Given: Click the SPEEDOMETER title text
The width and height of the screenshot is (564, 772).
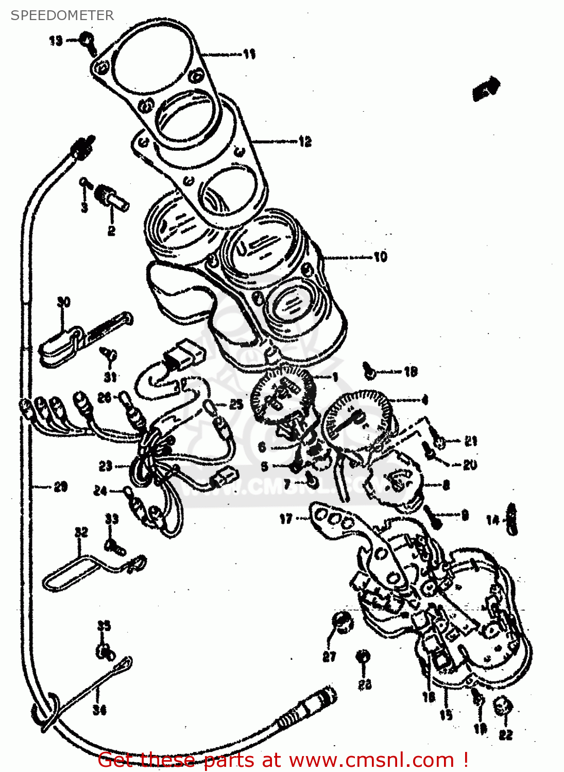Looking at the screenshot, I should [62, 15].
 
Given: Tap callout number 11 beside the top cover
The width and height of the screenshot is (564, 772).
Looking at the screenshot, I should [249, 54].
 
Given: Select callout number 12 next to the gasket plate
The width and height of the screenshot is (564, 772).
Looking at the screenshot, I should [305, 142].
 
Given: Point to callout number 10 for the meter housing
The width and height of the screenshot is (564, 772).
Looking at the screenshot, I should [380, 256].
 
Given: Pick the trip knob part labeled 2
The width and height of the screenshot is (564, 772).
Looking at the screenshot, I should [112, 198].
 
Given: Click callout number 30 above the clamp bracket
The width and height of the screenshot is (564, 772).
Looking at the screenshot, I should [63, 302].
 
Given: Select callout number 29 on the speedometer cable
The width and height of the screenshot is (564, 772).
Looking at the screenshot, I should [60, 486].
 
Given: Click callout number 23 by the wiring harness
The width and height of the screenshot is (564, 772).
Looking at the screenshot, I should [105, 466].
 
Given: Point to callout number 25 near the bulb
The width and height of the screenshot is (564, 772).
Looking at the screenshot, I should [236, 404].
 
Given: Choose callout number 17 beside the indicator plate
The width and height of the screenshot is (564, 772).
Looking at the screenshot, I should [286, 519].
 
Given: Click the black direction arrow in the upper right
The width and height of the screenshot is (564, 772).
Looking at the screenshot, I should [486, 88].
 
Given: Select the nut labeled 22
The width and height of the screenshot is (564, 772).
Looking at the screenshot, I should [503, 708].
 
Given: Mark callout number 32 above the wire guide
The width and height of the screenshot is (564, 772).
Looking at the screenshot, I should [81, 532].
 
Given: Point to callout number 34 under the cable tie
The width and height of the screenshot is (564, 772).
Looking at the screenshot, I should [99, 710].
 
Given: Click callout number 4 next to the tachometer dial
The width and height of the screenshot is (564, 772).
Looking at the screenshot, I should [424, 399].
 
